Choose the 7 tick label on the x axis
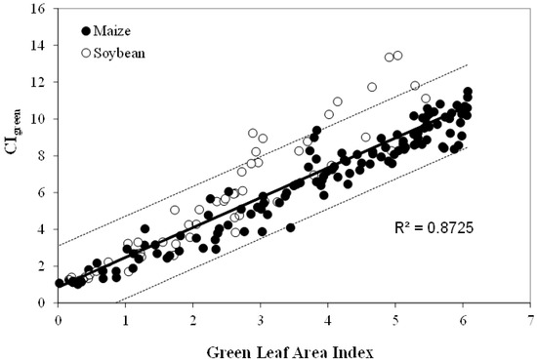click(530, 319)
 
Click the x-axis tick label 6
click(463, 319)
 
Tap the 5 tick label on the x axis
click(395, 319)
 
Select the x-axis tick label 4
click(328, 319)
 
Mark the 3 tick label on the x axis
click(261, 319)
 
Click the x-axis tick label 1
click(126, 319)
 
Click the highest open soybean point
click(397, 55)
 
